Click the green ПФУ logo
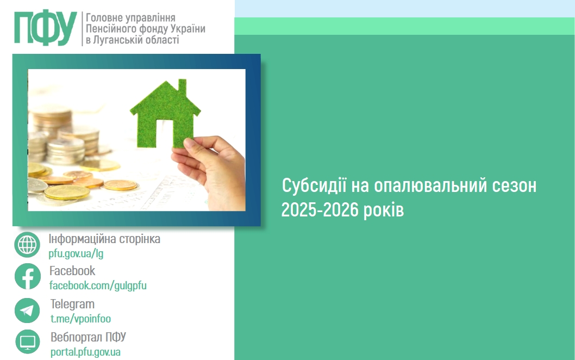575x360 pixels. point(46,28)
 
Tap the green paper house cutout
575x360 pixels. point(165,114)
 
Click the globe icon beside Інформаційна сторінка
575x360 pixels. point(27,245)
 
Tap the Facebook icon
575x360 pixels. point(28,276)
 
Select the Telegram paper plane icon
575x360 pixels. point(27,311)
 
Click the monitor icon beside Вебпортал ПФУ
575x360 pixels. point(28,342)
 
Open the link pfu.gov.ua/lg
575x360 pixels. point(76,253)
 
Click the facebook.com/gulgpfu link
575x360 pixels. point(98,285)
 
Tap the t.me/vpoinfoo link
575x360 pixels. point(80,319)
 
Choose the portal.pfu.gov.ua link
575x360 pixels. point(85,352)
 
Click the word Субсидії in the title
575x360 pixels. point(314,186)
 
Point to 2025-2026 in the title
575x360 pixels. point(320,210)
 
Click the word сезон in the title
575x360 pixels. point(514,186)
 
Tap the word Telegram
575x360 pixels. point(73,304)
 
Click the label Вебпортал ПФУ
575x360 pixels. point(89,337)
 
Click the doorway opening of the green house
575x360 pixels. point(165,134)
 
